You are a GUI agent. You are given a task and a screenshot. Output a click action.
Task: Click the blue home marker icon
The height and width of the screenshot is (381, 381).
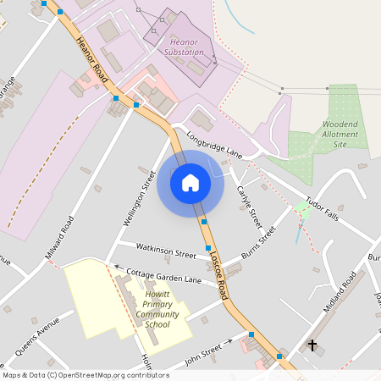tap(190, 182)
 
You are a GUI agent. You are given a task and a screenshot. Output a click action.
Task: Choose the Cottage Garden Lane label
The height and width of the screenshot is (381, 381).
tap(164, 275)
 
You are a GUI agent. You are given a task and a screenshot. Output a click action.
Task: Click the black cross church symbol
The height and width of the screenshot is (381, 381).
tap(312, 345)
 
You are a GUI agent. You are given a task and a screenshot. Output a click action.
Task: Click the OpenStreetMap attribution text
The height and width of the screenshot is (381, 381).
tap(74, 375)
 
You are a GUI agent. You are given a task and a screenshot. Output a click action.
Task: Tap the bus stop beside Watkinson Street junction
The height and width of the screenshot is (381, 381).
tap(208, 248)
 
